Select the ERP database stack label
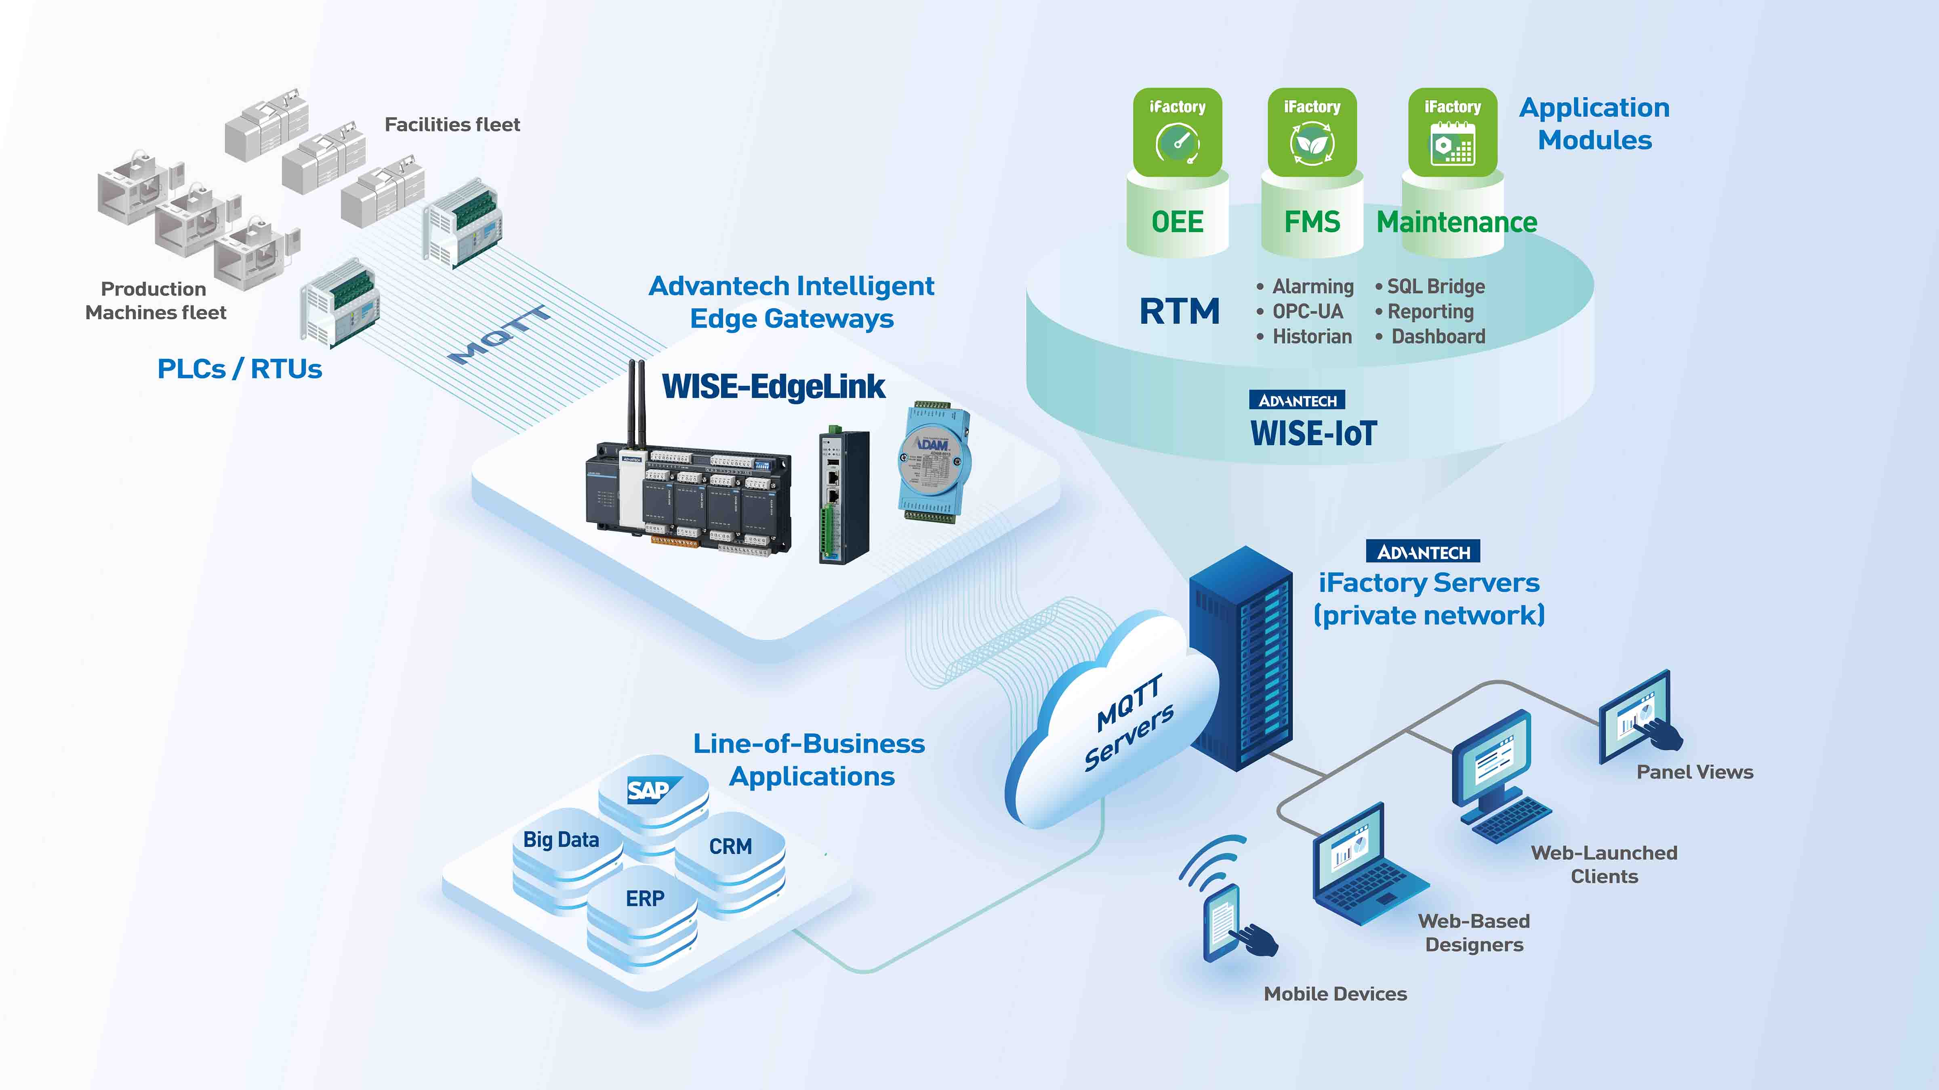tap(645, 898)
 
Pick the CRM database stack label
tap(730, 846)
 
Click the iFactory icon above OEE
tap(1177, 132)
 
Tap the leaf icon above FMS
tap(1312, 143)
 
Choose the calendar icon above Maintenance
tap(1452, 143)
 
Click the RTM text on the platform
tap(1179, 311)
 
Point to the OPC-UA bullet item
tap(1307, 311)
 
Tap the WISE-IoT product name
tap(1314, 433)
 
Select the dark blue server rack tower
tap(1241, 658)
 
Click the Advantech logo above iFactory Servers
tap(1423, 552)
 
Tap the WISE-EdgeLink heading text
tap(773, 387)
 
